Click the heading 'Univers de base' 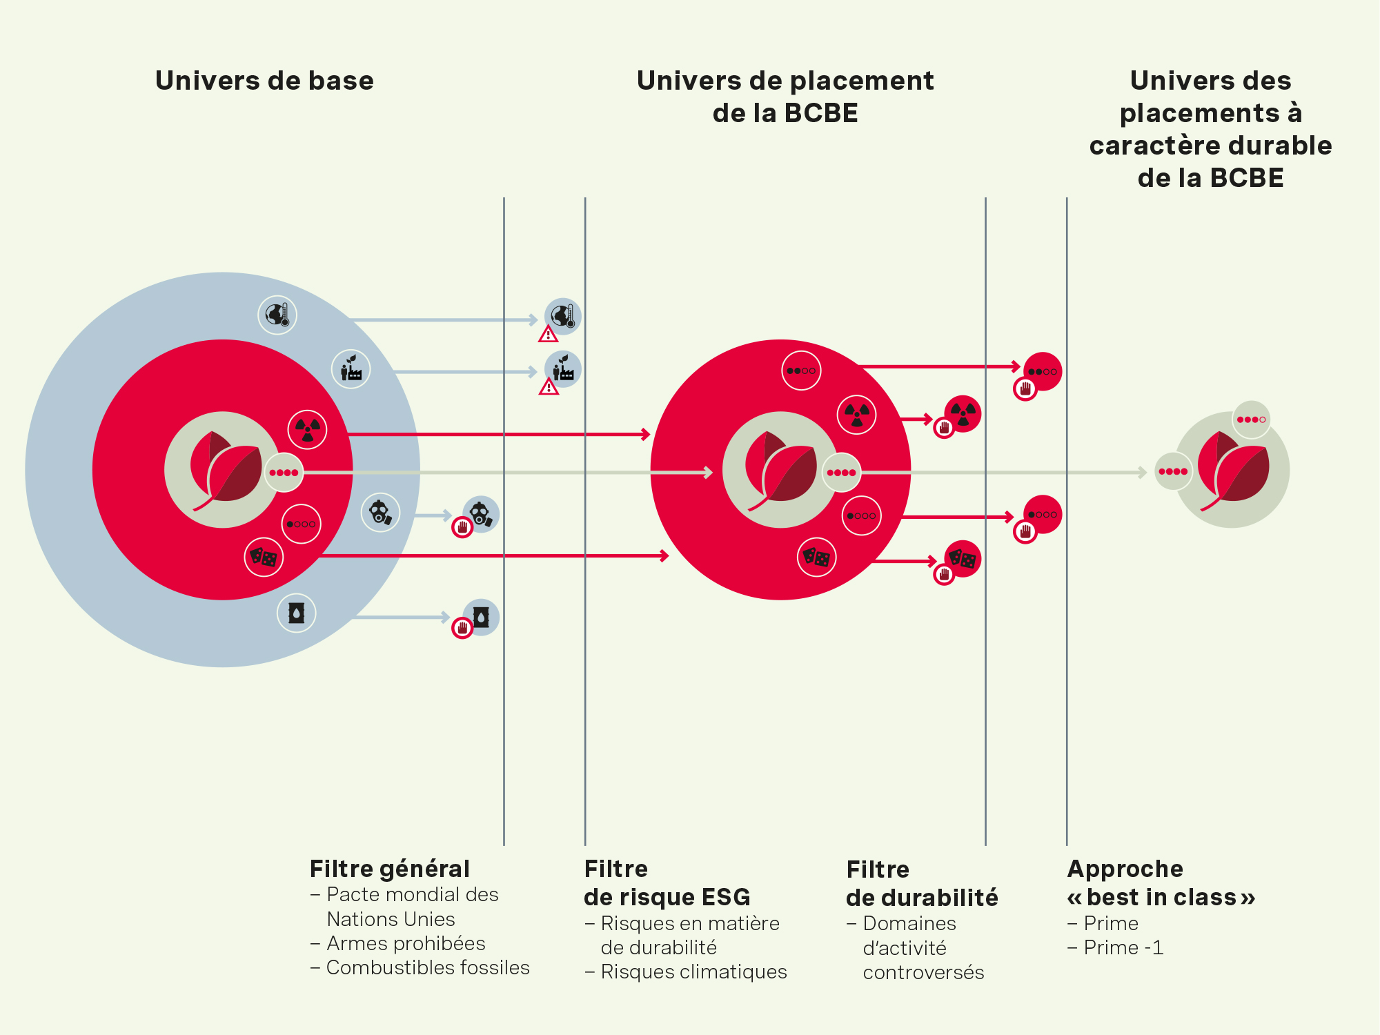coord(264,81)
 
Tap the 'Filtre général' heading coord(389,869)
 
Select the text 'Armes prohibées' coord(406,943)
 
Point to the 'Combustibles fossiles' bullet coord(428,967)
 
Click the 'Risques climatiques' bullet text coord(693,972)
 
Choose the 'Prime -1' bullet coord(1123,947)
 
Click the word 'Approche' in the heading coord(1125,869)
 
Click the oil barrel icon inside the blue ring coord(297,613)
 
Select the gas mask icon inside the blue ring coord(380,513)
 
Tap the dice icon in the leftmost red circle coord(264,557)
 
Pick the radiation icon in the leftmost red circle coord(307,430)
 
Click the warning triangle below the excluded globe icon coord(549,335)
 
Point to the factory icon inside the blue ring coord(351,369)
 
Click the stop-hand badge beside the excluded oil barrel coord(462,628)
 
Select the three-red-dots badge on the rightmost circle coord(1251,420)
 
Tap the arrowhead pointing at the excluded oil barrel coord(446,617)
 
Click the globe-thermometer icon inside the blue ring coord(277,315)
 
